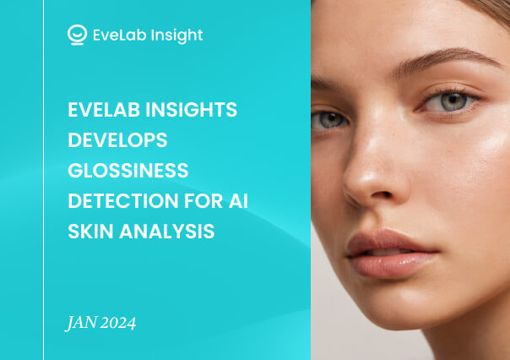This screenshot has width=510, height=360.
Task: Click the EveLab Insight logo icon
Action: [x=77, y=35]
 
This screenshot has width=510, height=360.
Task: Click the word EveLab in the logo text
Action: [x=119, y=35]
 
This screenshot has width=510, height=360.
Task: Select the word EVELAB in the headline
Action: [x=104, y=109]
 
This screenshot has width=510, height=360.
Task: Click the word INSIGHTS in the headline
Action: [x=192, y=109]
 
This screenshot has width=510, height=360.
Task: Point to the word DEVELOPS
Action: [x=117, y=140]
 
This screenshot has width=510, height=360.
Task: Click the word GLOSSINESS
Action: [x=128, y=170]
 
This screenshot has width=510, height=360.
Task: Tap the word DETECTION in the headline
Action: [x=123, y=200]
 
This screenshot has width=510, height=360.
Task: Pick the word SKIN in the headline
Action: [x=90, y=231]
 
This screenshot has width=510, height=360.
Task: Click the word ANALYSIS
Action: [x=167, y=231]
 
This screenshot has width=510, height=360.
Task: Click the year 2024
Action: [x=118, y=323]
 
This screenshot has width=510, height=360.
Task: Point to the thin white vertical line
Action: [x=44, y=180]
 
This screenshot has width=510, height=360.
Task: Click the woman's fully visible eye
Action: [x=452, y=101]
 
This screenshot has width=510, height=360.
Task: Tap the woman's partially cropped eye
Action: [x=328, y=121]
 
